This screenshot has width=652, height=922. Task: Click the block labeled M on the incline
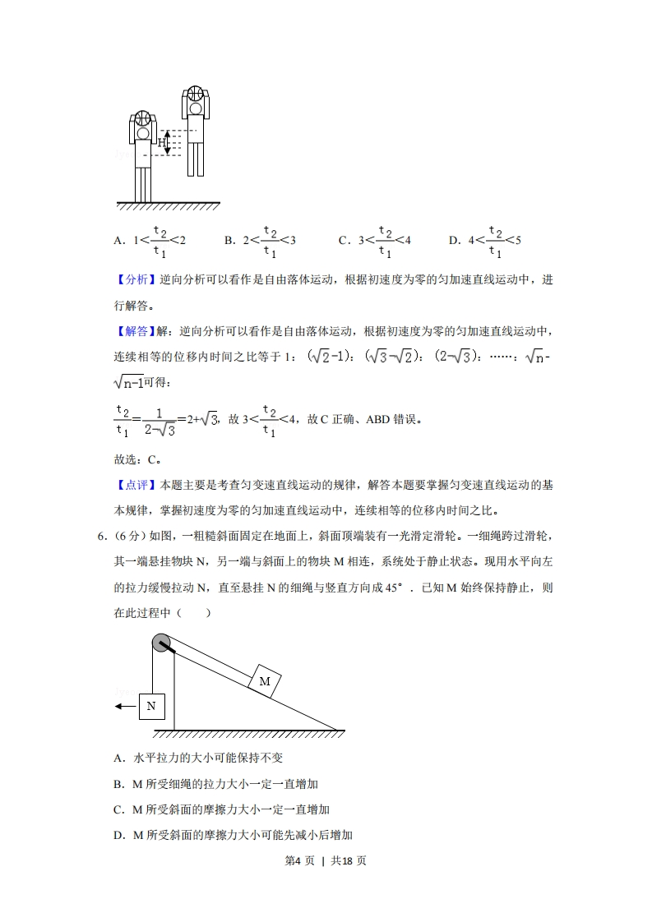(x=264, y=681)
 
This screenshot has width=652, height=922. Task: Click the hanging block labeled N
(x=151, y=705)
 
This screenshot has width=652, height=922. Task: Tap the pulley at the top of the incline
(x=162, y=643)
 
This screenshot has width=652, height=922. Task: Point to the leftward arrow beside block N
(x=125, y=705)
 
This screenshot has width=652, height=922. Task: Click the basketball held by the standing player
(x=143, y=118)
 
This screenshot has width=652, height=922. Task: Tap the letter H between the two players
(x=162, y=142)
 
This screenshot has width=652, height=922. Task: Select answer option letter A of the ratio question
(x=118, y=241)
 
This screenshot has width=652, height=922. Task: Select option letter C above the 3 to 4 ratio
(x=344, y=241)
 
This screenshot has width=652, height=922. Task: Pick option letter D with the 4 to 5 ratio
(x=453, y=241)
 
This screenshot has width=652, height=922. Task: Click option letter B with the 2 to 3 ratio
(x=229, y=241)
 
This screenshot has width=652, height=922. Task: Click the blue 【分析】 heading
(x=133, y=280)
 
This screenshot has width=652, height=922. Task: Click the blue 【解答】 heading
(x=133, y=332)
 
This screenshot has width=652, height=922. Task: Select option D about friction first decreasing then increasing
(x=234, y=836)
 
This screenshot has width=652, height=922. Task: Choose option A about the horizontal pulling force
(x=198, y=758)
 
